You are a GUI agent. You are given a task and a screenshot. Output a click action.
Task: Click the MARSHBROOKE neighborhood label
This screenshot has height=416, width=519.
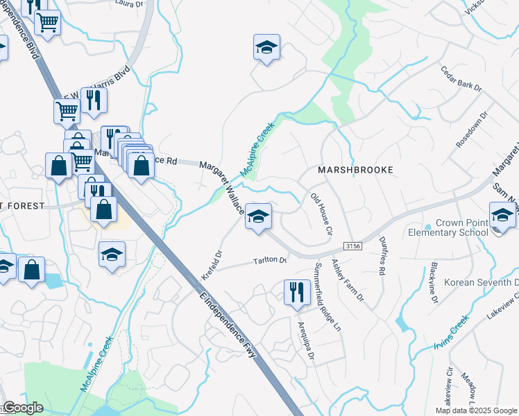[355, 170]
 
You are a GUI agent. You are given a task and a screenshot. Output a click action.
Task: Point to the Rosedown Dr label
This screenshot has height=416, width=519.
[472, 128]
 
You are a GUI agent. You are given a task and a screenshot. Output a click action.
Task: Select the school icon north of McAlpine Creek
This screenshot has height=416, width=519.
[266, 48]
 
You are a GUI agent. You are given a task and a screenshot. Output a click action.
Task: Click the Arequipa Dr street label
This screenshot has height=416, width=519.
[307, 343]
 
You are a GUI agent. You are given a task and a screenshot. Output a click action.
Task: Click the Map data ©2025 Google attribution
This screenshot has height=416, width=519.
[475, 410]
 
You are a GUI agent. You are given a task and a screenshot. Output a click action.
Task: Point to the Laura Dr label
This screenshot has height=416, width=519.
[124, 3]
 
